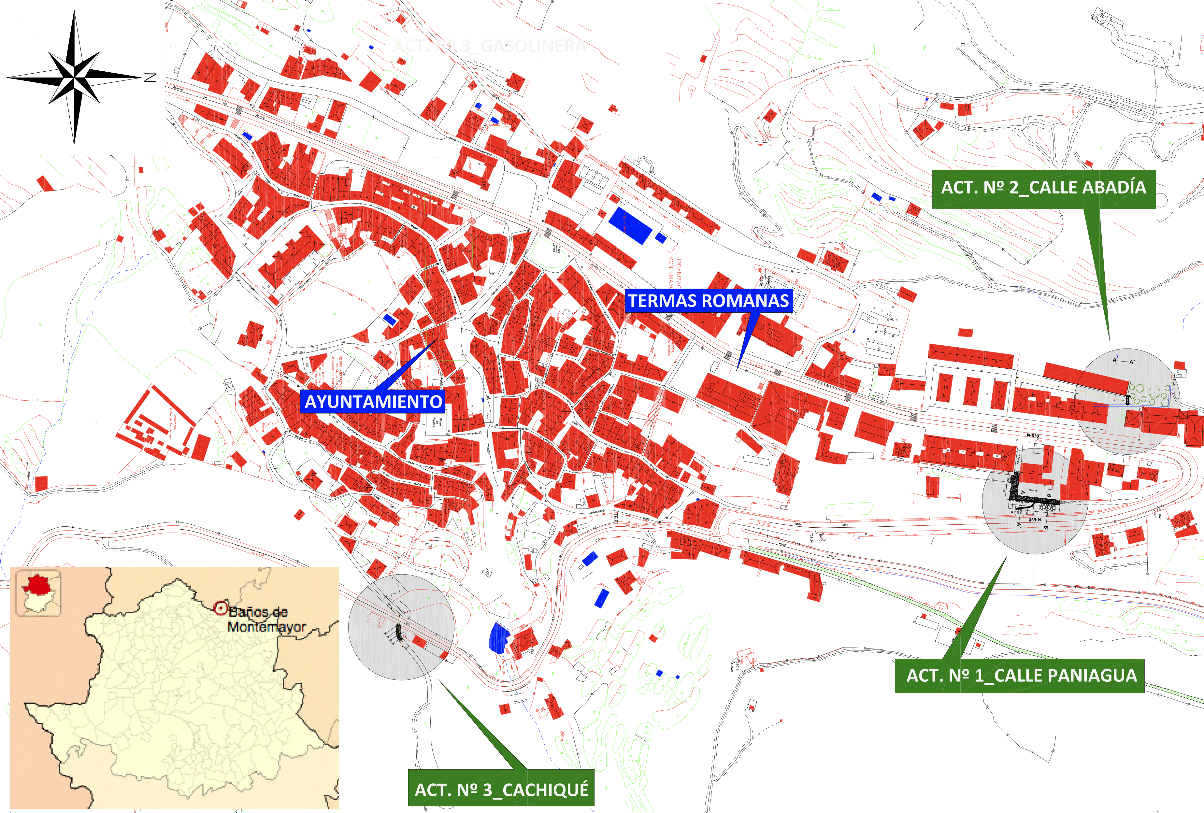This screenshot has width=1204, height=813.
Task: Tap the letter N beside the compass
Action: click(150, 78)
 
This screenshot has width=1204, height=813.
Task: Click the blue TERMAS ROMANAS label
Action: click(708, 301)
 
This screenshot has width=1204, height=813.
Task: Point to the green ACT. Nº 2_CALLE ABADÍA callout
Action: click(1043, 188)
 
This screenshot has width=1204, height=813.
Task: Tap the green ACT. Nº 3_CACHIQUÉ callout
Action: click(501, 789)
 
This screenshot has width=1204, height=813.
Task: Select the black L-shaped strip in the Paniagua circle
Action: click(1023, 492)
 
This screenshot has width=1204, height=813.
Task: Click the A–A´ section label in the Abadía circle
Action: click(1123, 361)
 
